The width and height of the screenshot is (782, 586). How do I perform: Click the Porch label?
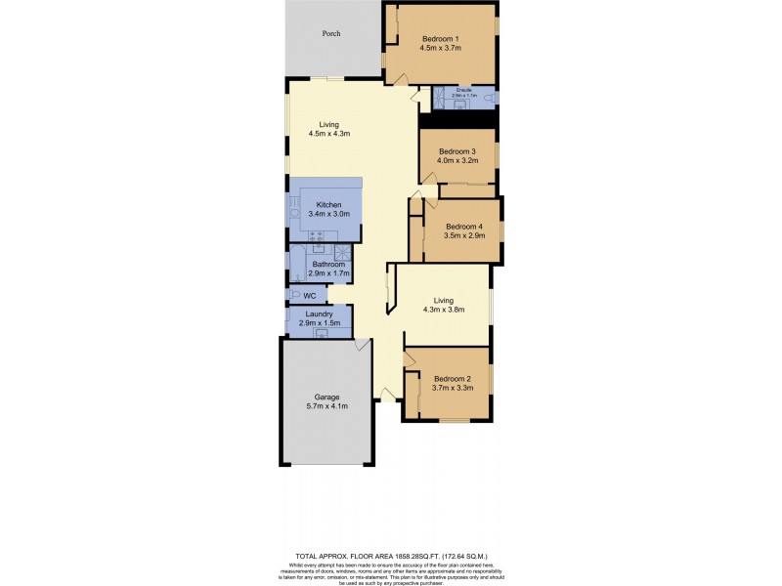pyautogui.click(x=332, y=33)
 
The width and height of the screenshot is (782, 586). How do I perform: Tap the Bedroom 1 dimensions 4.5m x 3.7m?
pyautogui.click(x=440, y=47)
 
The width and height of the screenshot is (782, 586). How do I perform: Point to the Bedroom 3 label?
pyautogui.click(x=456, y=151)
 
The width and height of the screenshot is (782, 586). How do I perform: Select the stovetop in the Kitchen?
pyautogui.click(x=317, y=235)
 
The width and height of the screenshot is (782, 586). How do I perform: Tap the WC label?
pyautogui.click(x=309, y=295)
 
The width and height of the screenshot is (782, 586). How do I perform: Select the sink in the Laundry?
pyautogui.click(x=320, y=332)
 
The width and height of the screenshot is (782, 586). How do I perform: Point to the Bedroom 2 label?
pyautogui.click(x=453, y=379)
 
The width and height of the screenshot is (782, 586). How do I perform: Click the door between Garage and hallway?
pyautogui.click(x=364, y=345)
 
